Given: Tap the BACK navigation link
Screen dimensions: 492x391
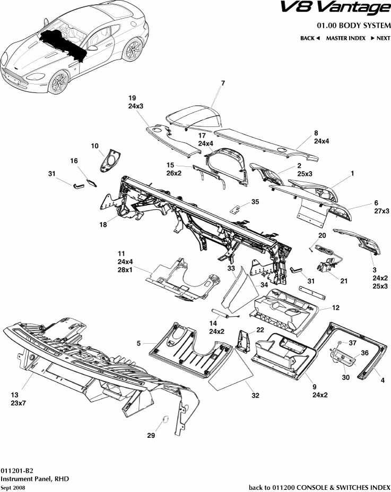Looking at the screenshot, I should (310, 38).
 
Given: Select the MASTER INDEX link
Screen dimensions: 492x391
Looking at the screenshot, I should (345, 38).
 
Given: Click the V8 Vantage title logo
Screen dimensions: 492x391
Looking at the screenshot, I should (342, 9).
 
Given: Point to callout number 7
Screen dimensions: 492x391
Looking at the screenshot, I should (223, 83).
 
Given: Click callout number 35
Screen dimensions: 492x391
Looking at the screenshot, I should (255, 202).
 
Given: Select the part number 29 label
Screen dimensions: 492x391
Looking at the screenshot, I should (151, 436).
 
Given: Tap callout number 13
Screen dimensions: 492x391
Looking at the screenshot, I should (15, 395).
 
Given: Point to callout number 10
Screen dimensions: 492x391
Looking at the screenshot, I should (95, 146).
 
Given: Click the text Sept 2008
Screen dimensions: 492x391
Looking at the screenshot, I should (13, 487).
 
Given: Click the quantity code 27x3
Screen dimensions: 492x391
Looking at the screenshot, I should (381, 211).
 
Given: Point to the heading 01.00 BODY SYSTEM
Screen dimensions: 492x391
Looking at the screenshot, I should (353, 25).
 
